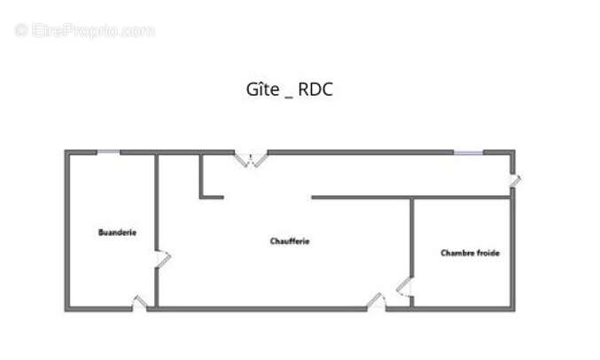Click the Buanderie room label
117,232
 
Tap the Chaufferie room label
290,241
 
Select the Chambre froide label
470,253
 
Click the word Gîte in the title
262,90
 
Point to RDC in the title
316,90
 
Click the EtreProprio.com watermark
84,31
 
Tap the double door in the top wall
251,159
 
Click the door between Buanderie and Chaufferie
162,259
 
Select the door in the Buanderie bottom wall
139,302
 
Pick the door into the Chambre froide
404,287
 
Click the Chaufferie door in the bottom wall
377,301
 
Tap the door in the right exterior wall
515,181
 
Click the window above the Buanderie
108,153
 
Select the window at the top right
468,153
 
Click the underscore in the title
289,98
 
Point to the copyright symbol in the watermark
21,31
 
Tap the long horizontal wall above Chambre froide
411,198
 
